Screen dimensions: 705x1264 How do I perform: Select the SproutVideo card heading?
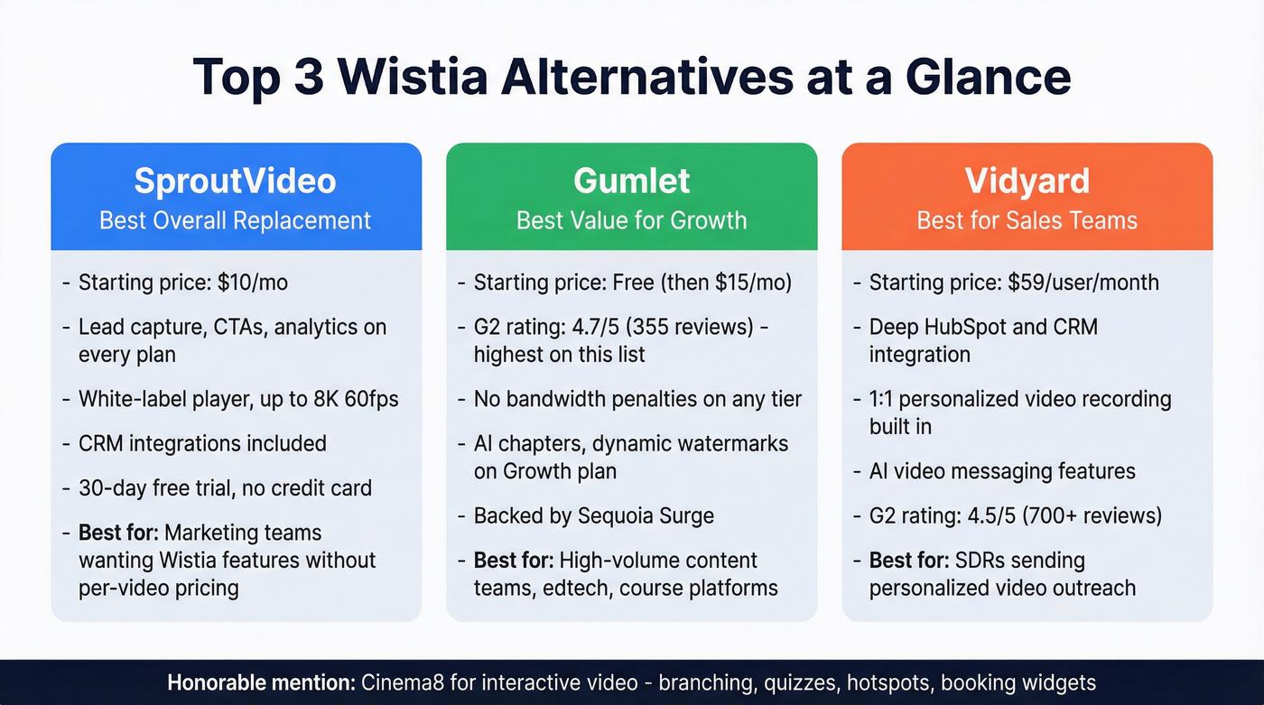[236, 181]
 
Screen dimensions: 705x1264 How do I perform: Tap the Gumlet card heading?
[632, 181]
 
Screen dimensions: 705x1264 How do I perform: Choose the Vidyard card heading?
[1027, 181]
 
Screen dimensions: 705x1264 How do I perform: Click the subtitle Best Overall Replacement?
[236, 220]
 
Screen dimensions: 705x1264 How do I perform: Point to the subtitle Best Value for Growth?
[632, 220]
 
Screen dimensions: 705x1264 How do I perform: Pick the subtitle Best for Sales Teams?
[1027, 220]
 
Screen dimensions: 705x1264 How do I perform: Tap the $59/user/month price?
[1083, 283]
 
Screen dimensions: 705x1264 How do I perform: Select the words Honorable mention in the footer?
[260, 682]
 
